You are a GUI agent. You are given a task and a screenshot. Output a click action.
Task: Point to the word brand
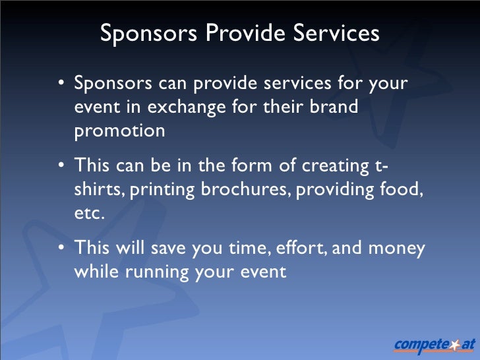[334, 107]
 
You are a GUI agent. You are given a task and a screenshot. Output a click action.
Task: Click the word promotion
[119, 131]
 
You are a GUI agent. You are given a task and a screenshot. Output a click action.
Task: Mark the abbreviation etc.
[89, 214]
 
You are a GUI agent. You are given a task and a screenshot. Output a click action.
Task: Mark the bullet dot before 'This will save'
[61, 249]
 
